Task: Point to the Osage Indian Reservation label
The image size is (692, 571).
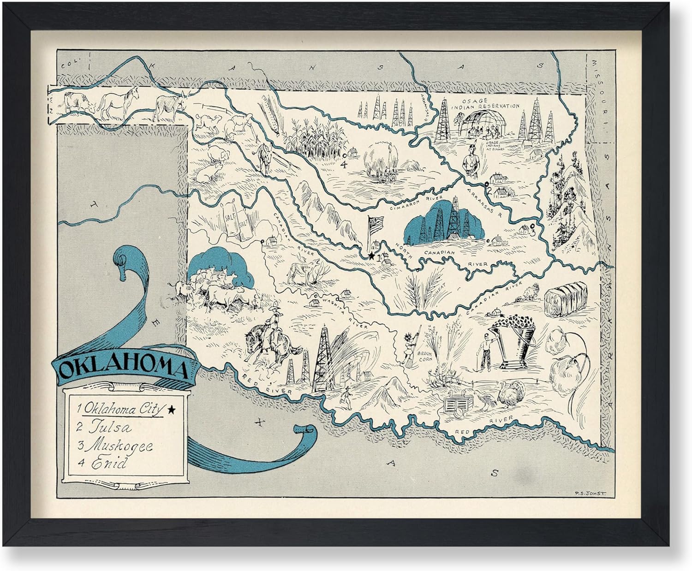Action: tap(483, 102)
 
